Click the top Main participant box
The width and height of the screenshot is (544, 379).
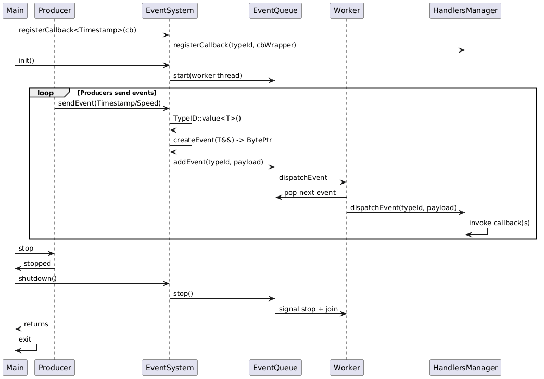click(15, 10)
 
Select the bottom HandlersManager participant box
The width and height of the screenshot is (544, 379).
click(465, 367)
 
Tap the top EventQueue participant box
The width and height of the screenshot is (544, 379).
click(275, 10)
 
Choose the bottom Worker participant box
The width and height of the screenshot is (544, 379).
click(346, 367)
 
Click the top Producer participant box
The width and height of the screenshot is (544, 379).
click(55, 10)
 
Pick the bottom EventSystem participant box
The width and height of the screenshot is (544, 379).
click(169, 367)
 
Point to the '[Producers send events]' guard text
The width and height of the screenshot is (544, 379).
click(117, 93)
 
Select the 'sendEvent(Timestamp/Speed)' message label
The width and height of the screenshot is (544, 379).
click(109, 103)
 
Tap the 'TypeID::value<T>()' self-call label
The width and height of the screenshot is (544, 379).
click(207, 118)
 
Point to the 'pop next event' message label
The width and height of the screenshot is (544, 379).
click(310, 193)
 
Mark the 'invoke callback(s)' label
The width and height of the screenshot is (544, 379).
click(499, 223)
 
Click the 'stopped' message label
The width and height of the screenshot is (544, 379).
click(37, 264)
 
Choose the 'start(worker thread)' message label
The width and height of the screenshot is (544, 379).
click(207, 76)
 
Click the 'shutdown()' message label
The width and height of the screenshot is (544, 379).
click(37, 278)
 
